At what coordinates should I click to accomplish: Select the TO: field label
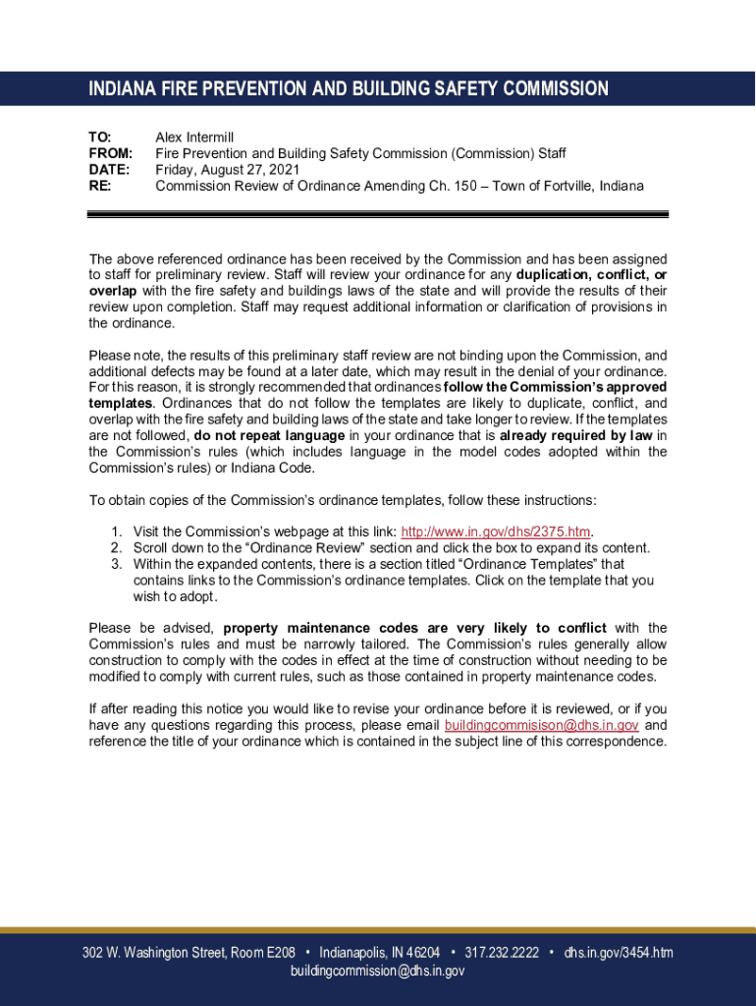pyautogui.click(x=100, y=138)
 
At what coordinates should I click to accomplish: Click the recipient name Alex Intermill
pyautogui.click(x=194, y=138)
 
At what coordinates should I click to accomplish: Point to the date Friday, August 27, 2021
pyautogui.click(x=228, y=169)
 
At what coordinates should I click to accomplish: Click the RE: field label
pyautogui.click(x=100, y=185)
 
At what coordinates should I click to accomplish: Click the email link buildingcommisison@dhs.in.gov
pyautogui.click(x=541, y=725)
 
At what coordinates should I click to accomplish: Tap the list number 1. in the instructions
pyautogui.click(x=116, y=531)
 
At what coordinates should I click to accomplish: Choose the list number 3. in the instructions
pyautogui.click(x=116, y=564)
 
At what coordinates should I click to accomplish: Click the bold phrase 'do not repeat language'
pyautogui.click(x=269, y=435)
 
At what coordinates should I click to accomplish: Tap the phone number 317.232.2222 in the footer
pyautogui.click(x=501, y=953)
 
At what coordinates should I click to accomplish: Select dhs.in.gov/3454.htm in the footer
pyautogui.click(x=619, y=953)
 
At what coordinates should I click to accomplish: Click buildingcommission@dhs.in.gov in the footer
pyautogui.click(x=377, y=971)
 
